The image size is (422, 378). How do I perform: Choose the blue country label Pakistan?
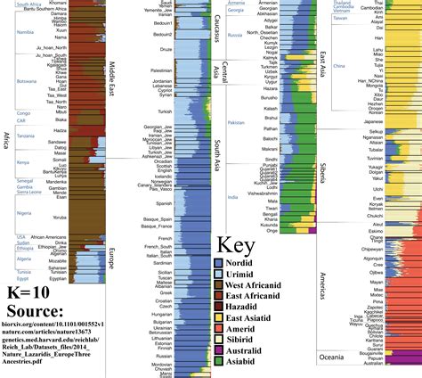(235, 122)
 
